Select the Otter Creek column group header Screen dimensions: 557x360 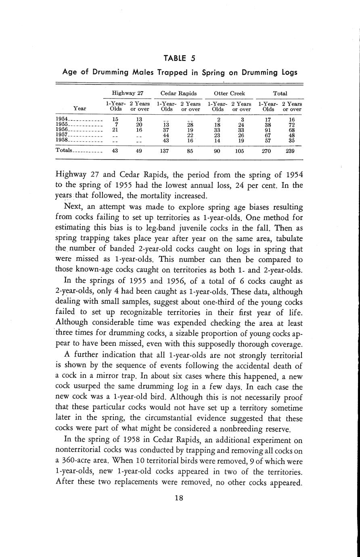point(229,93)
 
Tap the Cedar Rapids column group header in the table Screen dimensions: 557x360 point(178,93)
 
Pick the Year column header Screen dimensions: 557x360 point(80,108)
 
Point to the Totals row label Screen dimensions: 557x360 point(63,150)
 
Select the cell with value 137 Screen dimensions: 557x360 point(166,150)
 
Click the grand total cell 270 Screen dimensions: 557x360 point(268,150)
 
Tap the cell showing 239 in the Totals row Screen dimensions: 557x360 point(292,150)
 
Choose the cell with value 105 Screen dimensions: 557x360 point(241,150)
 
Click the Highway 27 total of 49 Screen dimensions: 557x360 point(139,150)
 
